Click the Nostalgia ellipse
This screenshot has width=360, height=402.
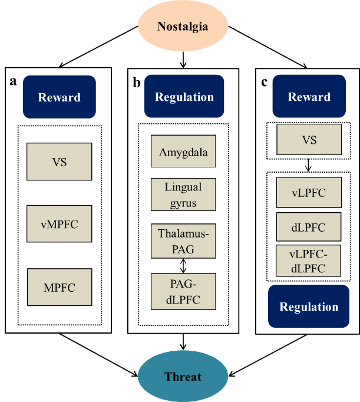pyautogui.click(x=183, y=27)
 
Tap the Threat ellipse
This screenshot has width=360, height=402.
pyautogui.click(x=183, y=377)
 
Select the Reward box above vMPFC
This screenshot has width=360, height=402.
pyautogui.click(x=59, y=97)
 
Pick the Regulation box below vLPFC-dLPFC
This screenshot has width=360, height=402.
pyautogui.click(x=309, y=307)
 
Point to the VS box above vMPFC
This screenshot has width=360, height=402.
pyautogui.click(x=59, y=162)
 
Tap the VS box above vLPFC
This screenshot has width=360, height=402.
pyautogui.click(x=309, y=140)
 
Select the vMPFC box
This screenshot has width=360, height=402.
pyautogui.click(x=59, y=224)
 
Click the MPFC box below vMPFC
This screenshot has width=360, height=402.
pyautogui.click(x=59, y=288)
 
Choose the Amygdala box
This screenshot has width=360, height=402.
pyautogui.click(x=183, y=153)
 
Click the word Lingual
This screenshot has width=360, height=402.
pyautogui.click(x=183, y=187)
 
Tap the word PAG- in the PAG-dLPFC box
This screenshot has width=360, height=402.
pyautogui.click(x=183, y=284)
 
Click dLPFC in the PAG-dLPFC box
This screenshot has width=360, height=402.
pyautogui.click(x=183, y=299)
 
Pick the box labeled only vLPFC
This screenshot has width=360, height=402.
pyautogui.click(x=309, y=193)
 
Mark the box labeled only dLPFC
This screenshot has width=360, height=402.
pyautogui.click(x=309, y=228)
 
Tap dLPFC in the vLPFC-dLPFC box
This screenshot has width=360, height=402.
pyautogui.click(x=309, y=269)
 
